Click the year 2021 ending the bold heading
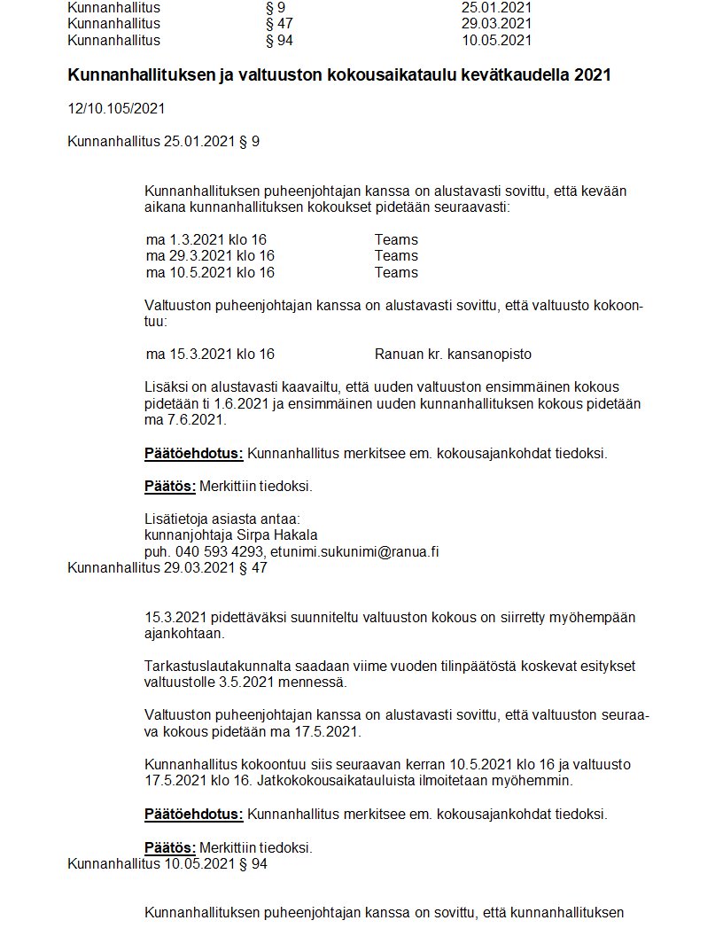click(593, 75)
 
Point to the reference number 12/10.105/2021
click(116, 109)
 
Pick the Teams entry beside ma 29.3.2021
click(396, 255)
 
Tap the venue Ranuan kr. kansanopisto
click(453, 354)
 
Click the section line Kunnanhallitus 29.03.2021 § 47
click(167, 568)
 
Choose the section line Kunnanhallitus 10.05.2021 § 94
click(167, 862)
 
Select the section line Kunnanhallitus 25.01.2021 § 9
click(164, 141)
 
